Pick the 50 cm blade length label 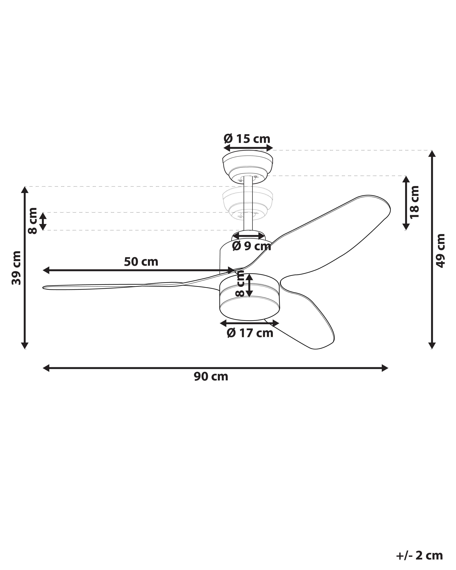(141, 262)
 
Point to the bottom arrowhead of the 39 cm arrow (25, 346)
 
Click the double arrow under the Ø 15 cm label (248, 148)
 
